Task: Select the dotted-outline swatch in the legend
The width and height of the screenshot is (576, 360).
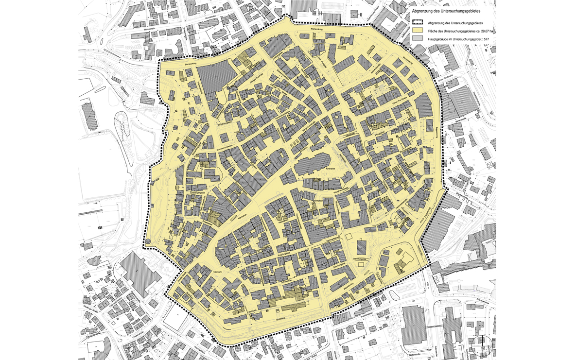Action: [418, 22]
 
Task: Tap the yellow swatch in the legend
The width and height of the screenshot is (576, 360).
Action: [418, 30]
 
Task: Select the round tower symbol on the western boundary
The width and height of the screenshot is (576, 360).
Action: [148, 241]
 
